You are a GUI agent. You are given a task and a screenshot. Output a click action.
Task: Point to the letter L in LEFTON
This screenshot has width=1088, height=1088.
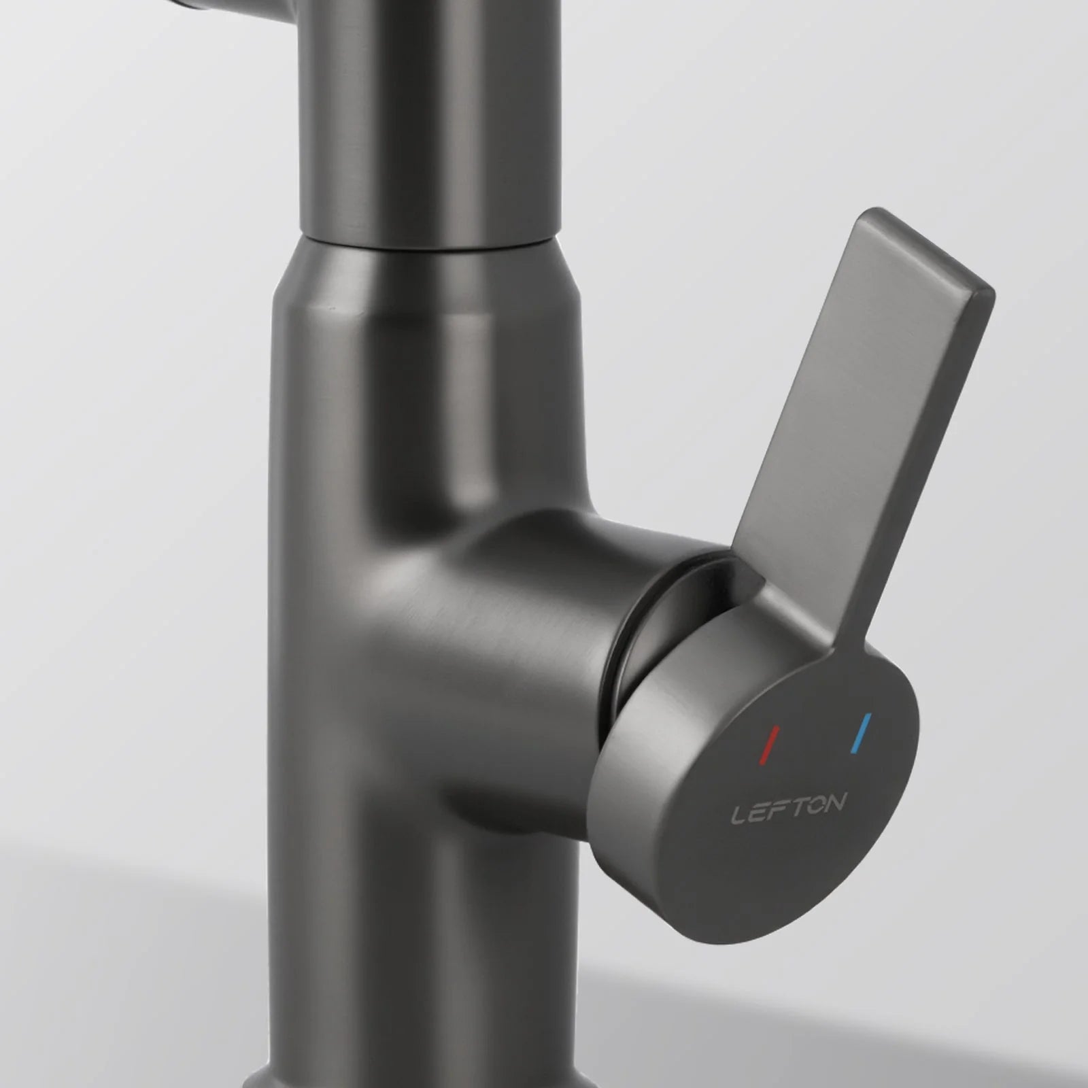738,815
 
